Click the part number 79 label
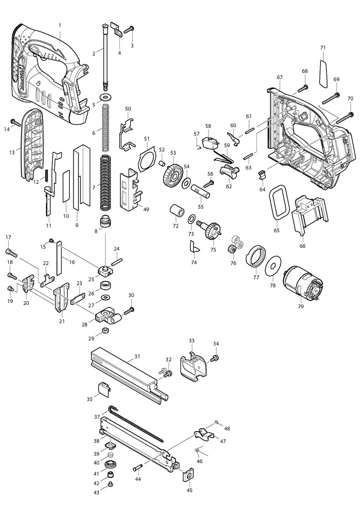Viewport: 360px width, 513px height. click(x=301, y=307)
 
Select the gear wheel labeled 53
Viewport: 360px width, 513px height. click(x=171, y=174)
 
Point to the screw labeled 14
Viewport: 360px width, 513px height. click(x=15, y=121)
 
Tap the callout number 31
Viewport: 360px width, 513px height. click(x=137, y=356)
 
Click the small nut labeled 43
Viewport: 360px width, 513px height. click(x=110, y=484)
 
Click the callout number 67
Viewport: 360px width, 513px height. click(x=280, y=77)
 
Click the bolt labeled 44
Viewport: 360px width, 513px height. click(x=137, y=468)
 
